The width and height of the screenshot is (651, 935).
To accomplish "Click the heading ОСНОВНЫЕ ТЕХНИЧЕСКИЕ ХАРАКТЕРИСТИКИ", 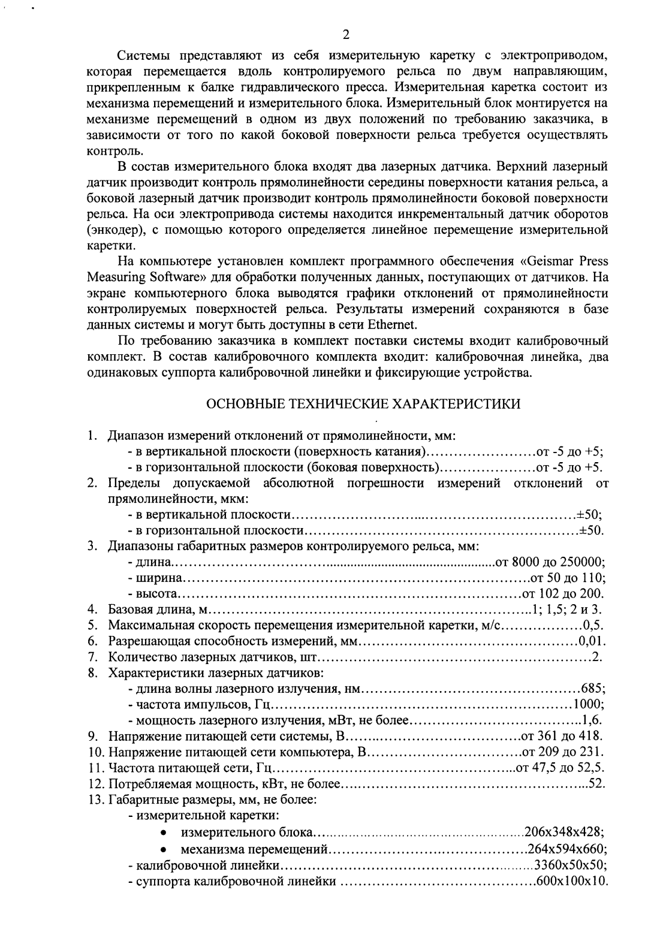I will [363, 403].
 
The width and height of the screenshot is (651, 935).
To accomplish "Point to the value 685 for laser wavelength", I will [593, 687].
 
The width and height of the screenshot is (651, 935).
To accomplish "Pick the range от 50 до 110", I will [566, 578].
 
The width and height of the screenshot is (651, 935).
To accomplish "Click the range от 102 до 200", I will [562, 594].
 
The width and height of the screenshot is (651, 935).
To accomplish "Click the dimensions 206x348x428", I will [563, 832].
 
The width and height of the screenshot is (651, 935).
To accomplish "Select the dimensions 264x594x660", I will [566, 849].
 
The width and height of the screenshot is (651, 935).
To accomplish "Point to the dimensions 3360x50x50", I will [571, 865].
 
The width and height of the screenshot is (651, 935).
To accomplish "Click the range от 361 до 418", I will [562, 735].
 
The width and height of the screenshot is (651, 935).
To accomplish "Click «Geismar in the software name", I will [546, 261].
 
